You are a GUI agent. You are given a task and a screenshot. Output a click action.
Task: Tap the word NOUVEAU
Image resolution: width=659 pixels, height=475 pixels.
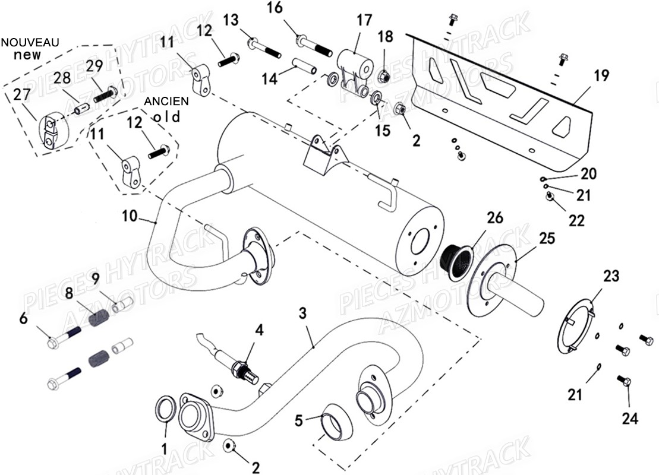[x=30, y=43]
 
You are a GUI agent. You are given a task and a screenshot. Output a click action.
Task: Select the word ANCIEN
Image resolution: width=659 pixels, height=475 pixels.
[x=166, y=102]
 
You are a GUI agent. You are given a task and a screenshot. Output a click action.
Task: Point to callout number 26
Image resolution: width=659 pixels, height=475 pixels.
[x=494, y=218]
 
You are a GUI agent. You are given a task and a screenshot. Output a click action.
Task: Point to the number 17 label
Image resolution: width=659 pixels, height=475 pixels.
[x=364, y=20]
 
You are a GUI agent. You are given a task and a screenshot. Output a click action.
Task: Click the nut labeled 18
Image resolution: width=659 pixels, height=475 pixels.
[x=383, y=76]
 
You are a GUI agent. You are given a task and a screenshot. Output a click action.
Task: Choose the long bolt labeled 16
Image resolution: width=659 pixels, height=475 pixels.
[x=314, y=45]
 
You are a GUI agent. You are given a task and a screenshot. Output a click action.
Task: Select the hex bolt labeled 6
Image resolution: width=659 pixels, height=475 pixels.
[x=61, y=339]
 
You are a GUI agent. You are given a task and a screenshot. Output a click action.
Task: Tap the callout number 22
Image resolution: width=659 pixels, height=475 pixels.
[x=576, y=220]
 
